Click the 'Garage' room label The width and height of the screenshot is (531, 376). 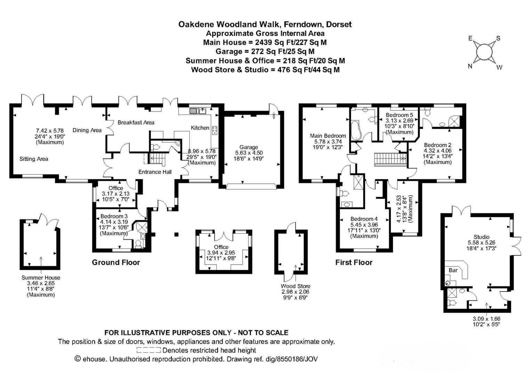(248, 147)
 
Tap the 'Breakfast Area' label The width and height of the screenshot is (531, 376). (136, 123)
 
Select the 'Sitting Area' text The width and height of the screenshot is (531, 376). (34, 159)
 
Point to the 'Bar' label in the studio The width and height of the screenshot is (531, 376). (453, 270)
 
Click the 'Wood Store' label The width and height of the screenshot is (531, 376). (296, 286)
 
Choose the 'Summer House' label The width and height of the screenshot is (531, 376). (41, 278)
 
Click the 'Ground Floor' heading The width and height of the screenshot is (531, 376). (116, 263)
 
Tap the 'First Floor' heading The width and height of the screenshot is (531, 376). (354, 263)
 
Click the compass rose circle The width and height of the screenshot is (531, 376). (484, 52)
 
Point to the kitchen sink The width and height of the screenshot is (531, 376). (198, 111)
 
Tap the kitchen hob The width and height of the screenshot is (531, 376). (214, 130)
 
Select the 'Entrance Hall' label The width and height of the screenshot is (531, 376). (155, 172)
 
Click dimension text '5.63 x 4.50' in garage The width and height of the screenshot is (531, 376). (248, 153)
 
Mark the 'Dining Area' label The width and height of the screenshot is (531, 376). (87, 130)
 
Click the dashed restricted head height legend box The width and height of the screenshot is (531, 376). (148, 350)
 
